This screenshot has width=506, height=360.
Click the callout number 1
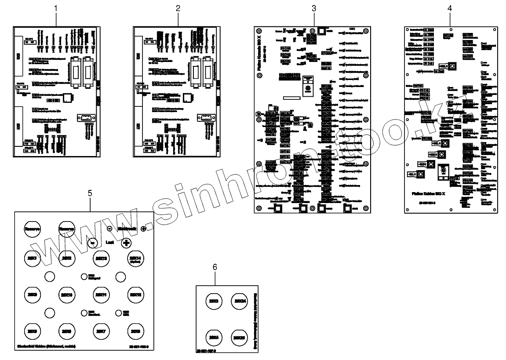coord(56,8)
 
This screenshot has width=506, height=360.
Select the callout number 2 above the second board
coord(178,8)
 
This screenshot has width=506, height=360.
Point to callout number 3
coord(313,8)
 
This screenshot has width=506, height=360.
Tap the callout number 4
coord(449,8)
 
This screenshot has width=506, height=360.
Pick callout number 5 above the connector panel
coord(90,193)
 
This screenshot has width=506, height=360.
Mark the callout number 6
coord(215,267)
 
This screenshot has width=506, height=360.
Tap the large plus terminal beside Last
coord(126,243)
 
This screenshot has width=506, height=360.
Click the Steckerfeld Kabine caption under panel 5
coord(46,346)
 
